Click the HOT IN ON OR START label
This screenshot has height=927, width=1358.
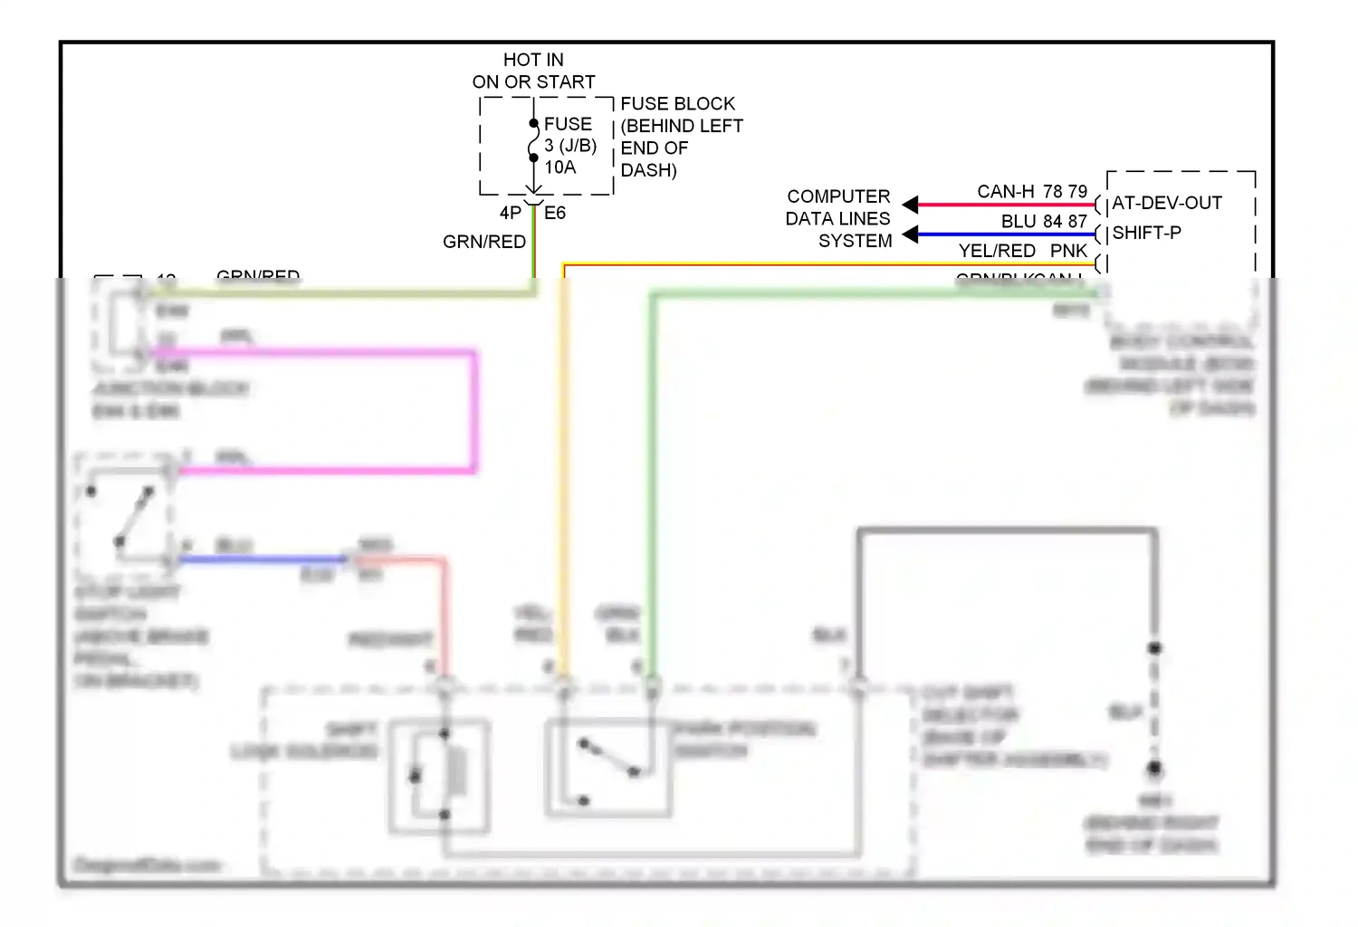pyautogui.click(x=533, y=71)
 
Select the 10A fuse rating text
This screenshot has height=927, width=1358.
pyautogui.click(x=559, y=167)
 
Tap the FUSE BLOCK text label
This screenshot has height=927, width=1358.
pyautogui.click(x=677, y=104)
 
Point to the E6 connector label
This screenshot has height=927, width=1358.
pyautogui.click(x=555, y=213)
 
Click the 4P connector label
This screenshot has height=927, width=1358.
pyautogui.click(x=510, y=213)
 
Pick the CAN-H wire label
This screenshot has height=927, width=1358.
pyautogui.click(x=1005, y=192)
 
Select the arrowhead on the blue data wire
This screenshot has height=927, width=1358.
pyautogui.click(x=911, y=234)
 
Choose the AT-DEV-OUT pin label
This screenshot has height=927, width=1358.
pyautogui.click(x=1167, y=203)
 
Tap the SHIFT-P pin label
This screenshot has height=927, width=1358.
pyautogui.click(x=1146, y=233)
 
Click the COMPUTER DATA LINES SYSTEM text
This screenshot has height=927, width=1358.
pyautogui.click(x=838, y=218)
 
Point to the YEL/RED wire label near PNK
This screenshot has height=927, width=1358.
pyautogui.click(x=997, y=251)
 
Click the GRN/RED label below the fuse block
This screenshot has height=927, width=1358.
pyautogui.click(x=484, y=242)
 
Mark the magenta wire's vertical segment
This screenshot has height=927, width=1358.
pyautogui.click(x=473, y=412)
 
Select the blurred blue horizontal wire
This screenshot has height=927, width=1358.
pyautogui.click(x=263, y=559)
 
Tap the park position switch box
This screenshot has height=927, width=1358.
pyautogui.click(x=608, y=768)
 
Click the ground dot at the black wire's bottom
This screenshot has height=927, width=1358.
pyautogui.click(x=1154, y=769)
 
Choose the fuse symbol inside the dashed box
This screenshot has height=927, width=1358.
pyautogui.click(x=533, y=140)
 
